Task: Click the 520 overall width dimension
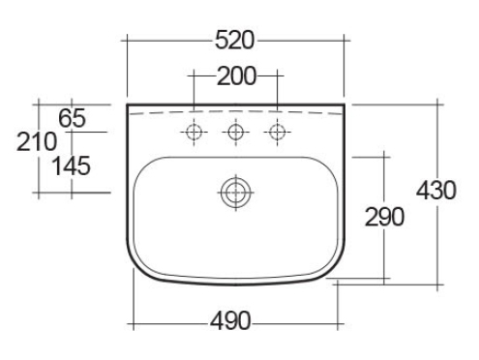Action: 235,41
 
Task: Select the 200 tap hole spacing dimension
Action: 236,76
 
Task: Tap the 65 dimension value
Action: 72,118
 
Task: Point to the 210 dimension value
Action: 37,141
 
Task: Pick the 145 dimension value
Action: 72,165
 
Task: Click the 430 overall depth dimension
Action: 436,190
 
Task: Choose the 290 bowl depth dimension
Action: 384,217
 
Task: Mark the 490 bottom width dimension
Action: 230,321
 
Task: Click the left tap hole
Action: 194,132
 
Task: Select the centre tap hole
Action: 236,132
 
